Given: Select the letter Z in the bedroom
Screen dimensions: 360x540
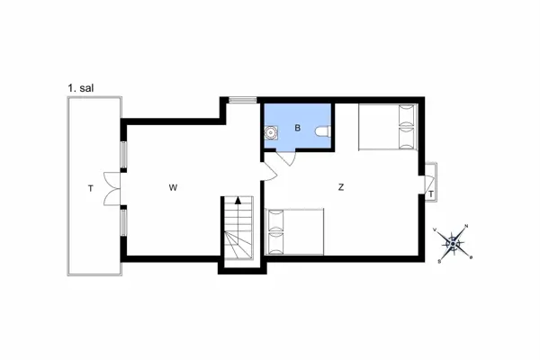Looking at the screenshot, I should pos(341,188).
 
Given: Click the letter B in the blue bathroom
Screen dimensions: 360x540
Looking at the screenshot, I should pos(297,129).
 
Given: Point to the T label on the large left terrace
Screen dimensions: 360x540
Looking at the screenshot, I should pos(90,188).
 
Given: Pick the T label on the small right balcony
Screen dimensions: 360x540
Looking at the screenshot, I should pos(432,194).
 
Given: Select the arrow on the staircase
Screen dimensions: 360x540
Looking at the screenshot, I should pos(238,202).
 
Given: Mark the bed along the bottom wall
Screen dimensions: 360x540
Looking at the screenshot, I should pos(295,232).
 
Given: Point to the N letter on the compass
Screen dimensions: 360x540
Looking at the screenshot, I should pos(465,225).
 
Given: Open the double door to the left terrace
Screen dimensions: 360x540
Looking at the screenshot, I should pos(112,188).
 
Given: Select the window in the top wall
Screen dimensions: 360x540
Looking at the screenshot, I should pos(242,99).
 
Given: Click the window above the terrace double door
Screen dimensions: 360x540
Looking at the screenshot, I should pos(124,153).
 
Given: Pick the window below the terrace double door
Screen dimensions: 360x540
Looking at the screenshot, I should pos(124,220).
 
